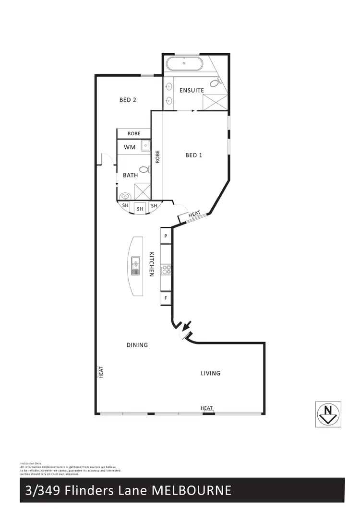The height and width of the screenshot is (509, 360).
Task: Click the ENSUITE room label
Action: tap(192, 90)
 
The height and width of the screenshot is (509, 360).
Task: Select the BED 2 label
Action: tap(128, 100)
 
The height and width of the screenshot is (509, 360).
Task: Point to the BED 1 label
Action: tap(193, 155)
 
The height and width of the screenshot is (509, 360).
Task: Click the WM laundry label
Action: tap(129, 147)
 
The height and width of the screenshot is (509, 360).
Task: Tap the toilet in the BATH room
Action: tap(143, 169)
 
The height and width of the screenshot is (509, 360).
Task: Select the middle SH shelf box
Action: tap(140, 209)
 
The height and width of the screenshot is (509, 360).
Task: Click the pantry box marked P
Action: tap(166, 236)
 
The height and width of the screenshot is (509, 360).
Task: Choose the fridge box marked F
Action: tap(166, 298)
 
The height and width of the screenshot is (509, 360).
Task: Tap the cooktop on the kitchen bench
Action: tap(166, 270)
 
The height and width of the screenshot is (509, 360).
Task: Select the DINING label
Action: tap(137, 344)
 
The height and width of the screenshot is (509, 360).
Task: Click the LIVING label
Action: tap(210, 373)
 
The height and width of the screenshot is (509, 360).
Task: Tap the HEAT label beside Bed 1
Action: tap(194, 215)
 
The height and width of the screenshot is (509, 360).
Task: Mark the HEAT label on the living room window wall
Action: tap(207, 408)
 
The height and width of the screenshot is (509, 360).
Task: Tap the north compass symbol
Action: tap(328, 413)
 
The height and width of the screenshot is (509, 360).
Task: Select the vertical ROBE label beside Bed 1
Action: tap(157, 156)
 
